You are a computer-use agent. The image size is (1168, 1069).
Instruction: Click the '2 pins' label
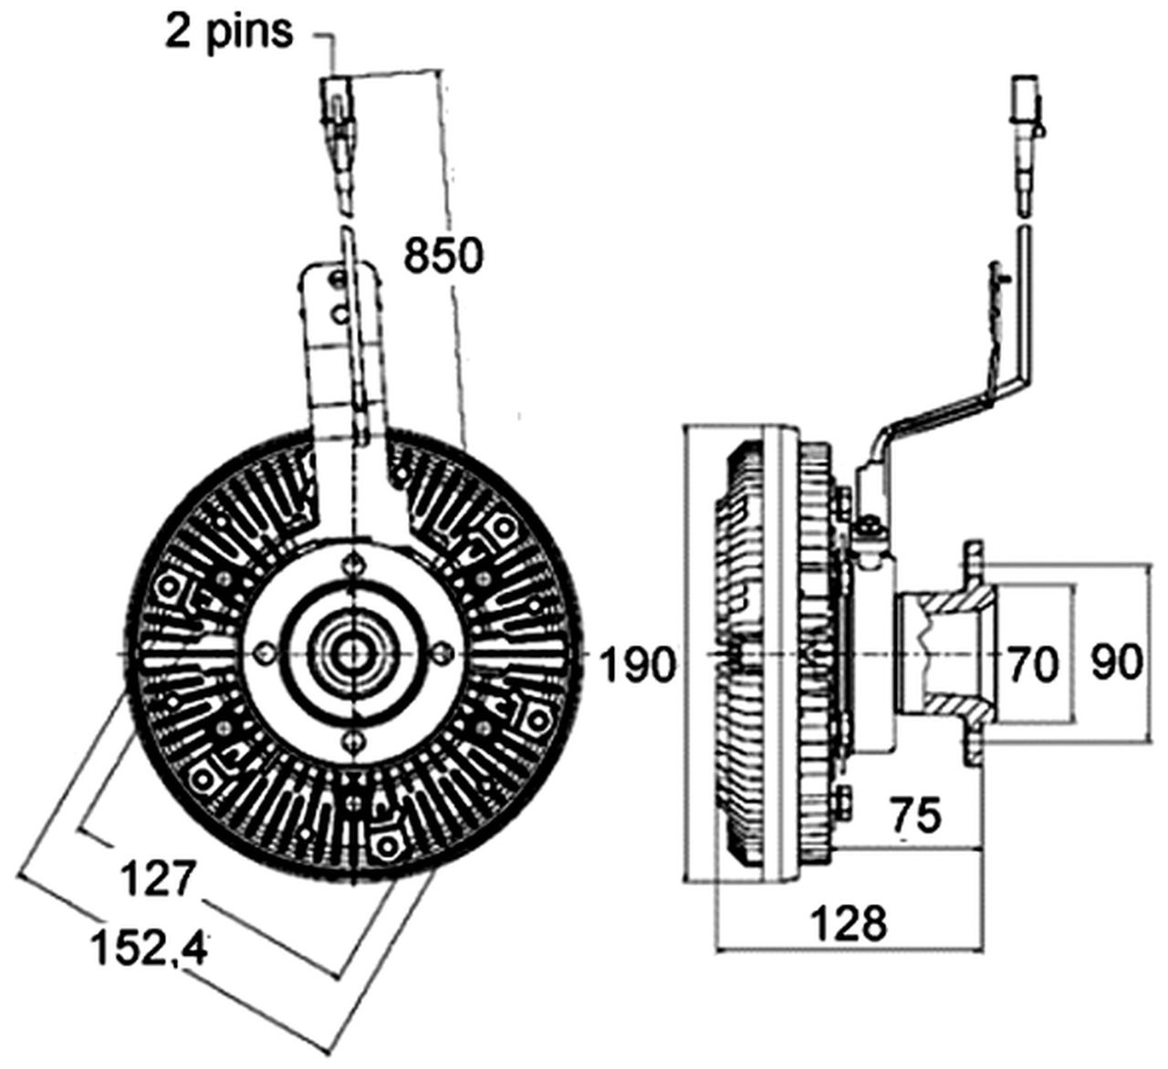pyautogui.click(x=229, y=31)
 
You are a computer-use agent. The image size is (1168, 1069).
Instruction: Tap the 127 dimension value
pyautogui.click(x=159, y=877)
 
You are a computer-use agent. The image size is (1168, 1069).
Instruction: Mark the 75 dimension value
pyautogui.click(x=914, y=815)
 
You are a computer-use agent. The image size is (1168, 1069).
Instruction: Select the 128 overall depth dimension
pyautogui.click(x=849, y=923)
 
